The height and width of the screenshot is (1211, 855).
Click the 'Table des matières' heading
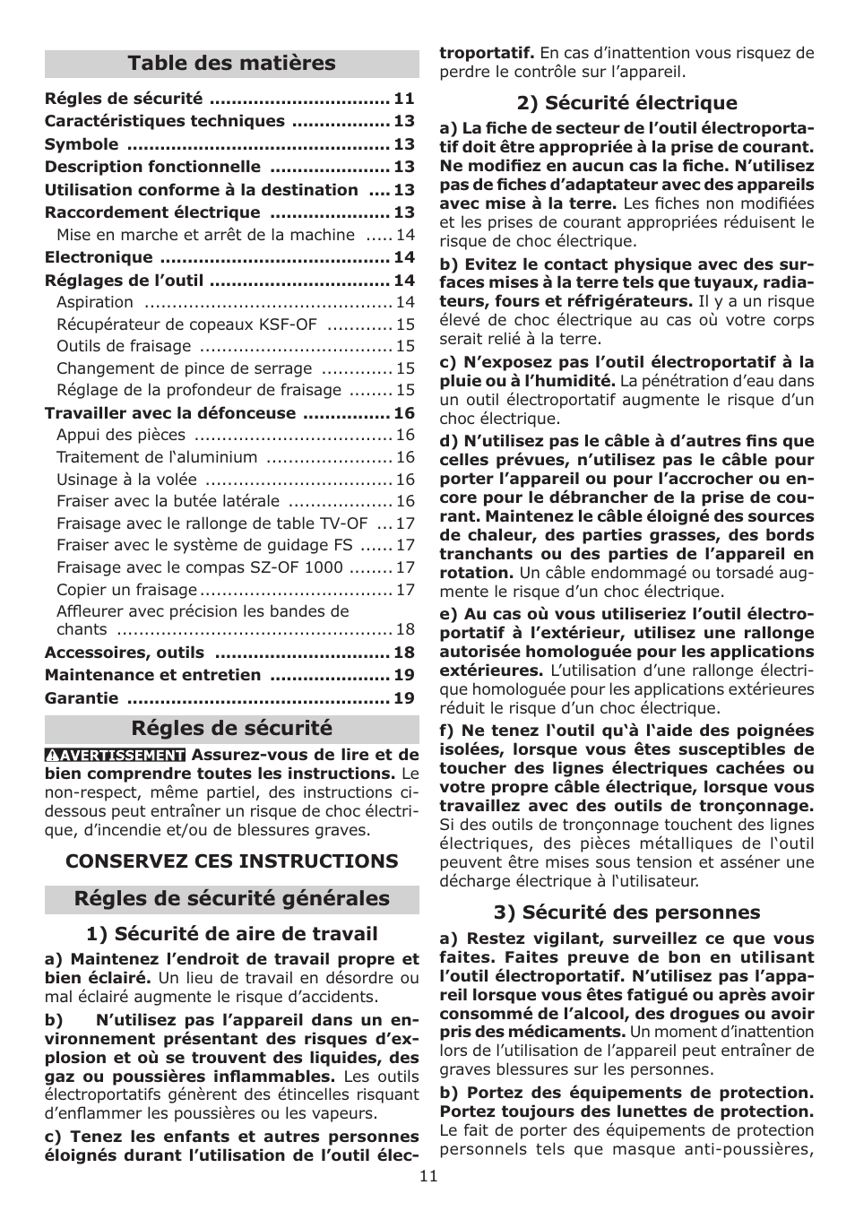231,64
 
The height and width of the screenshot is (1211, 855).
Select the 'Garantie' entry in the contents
82,698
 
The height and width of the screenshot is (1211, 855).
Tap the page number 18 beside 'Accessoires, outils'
404,653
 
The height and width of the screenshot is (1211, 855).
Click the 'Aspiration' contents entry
95,303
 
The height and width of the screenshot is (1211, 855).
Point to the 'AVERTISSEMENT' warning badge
116,756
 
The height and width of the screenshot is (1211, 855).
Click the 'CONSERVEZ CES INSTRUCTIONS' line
231,861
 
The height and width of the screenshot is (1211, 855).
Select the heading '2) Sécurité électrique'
626,103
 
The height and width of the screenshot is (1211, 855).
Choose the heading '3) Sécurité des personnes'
626,913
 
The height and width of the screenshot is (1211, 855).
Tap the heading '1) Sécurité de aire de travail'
231,934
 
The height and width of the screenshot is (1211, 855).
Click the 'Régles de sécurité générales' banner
231,899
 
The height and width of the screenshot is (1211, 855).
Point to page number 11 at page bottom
428,1176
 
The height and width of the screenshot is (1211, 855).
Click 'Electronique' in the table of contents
99,258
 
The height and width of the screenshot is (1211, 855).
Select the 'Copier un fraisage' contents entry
126,590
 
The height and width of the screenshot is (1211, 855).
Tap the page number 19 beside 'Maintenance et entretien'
404,675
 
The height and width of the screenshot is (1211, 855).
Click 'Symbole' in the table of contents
82,144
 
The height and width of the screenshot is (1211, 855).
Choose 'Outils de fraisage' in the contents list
124,346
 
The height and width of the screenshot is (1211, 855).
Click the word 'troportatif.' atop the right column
487,53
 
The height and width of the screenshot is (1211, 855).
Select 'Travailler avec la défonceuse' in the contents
170,413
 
